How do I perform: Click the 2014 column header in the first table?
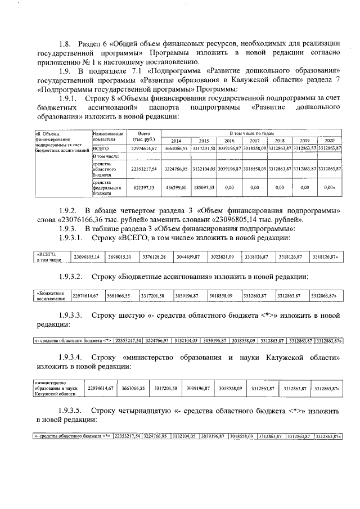(x=176, y=141)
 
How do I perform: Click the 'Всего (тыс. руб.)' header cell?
(x=139, y=136)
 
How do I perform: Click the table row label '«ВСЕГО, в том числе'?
(x=48, y=257)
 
